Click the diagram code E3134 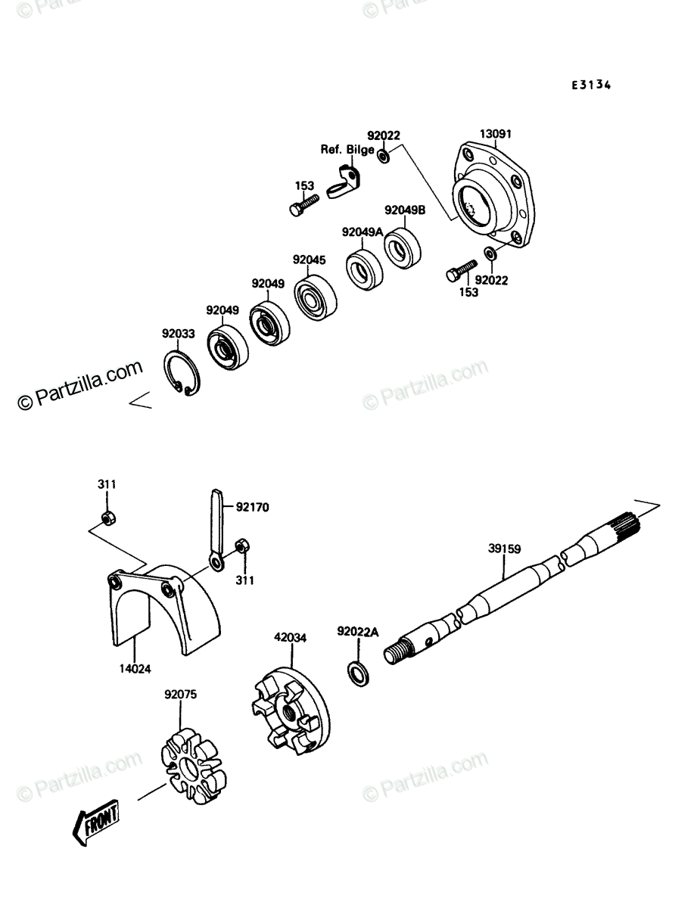[591, 86]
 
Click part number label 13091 [496, 134]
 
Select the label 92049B [405, 210]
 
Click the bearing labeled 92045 [315, 297]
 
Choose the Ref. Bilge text [347, 149]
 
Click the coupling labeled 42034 [291, 711]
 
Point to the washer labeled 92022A [358, 674]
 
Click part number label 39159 [504, 549]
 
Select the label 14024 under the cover [135, 668]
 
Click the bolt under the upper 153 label [304, 205]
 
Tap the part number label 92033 [179, 333]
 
